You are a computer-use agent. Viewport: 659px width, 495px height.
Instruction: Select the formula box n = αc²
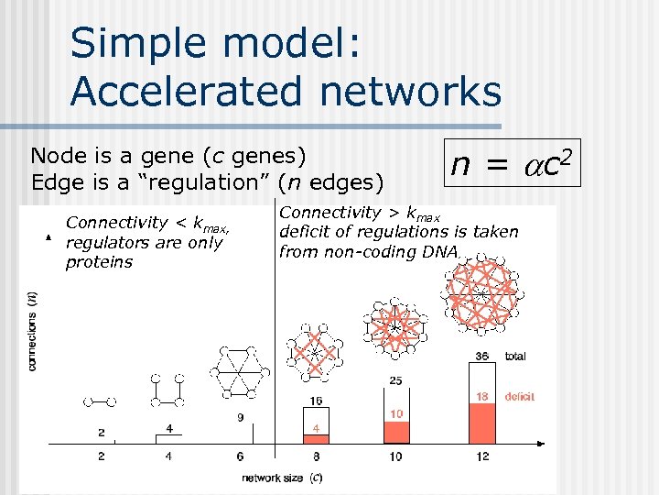point(512,163)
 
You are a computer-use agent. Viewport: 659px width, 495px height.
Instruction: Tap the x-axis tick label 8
point(316,456)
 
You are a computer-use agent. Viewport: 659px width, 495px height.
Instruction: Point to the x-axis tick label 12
point(482,456)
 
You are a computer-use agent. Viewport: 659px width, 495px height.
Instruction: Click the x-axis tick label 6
point(241,456)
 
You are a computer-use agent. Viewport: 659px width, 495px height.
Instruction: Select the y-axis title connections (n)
point(34,330)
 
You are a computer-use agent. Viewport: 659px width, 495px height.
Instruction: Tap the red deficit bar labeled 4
point(315,434)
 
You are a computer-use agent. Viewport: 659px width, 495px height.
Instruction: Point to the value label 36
point(482,356)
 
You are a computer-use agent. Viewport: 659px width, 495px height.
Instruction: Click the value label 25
point(396,380)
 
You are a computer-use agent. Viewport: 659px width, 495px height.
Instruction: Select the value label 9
point(241,417)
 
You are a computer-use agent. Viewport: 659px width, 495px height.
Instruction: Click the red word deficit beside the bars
point(519,397)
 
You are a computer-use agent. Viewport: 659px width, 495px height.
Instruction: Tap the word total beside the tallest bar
point(515,356)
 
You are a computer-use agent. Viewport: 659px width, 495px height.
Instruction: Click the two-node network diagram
point(100,401)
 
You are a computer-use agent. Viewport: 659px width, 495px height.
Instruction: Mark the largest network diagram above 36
point(480,293)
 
